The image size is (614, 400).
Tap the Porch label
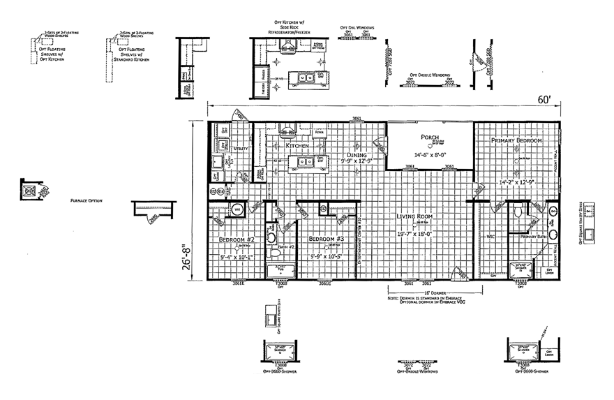click(x=429, y=137)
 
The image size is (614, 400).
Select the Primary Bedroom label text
click(x=516, y=140)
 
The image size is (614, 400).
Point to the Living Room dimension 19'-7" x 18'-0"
click(x=418, y=234)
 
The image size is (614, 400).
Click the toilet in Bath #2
click(x=271, y=238)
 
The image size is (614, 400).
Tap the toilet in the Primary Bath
click(x=518, y=212)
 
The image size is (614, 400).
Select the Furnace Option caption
click(x=87, y=200)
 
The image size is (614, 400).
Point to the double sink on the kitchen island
click(x=305, y=161)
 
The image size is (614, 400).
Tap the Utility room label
click(x=241, y=149)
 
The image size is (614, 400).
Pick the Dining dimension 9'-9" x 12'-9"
click(x=357, y=161)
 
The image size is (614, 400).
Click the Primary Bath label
click(x=533, y=236)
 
